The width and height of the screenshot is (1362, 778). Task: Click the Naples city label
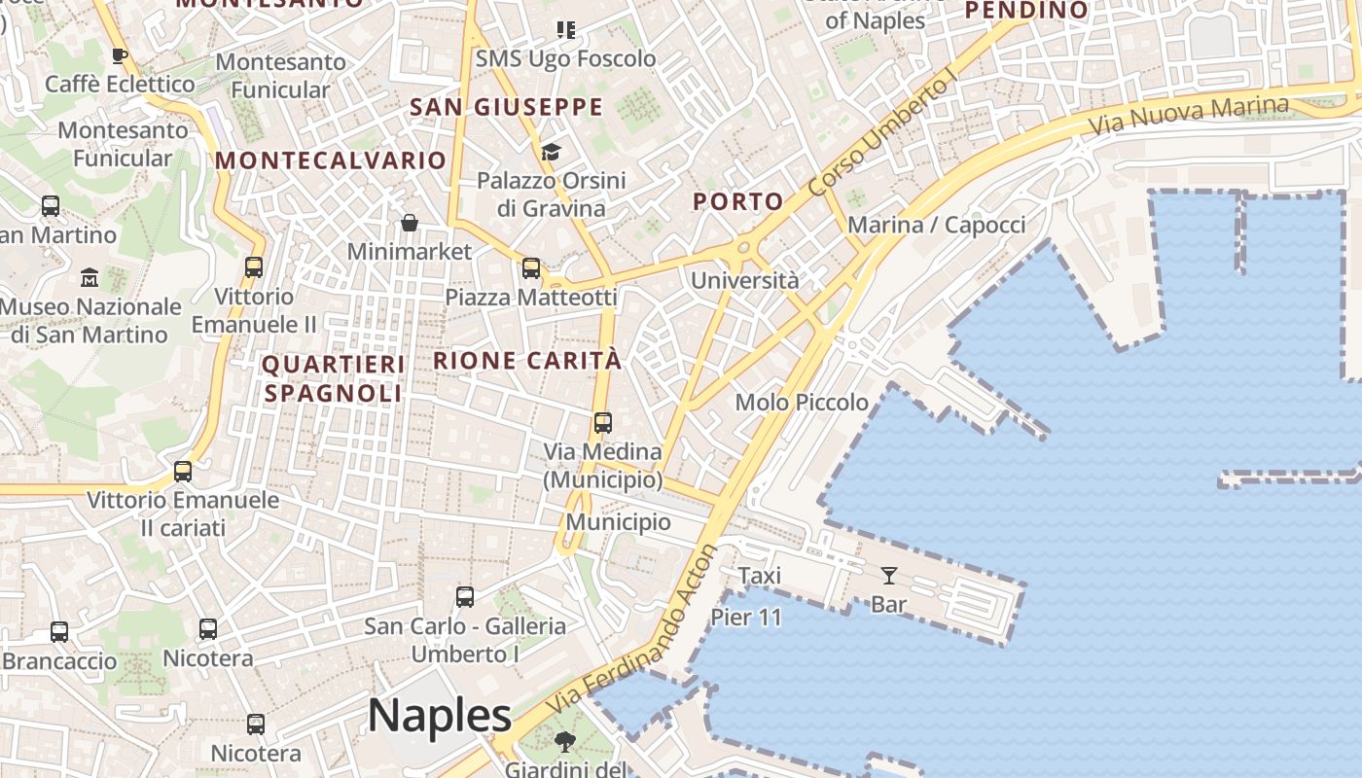[x=440, y=716]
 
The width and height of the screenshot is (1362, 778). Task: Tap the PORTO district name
[x=738, y=202]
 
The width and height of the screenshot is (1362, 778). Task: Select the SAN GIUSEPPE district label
[x=506, y=107]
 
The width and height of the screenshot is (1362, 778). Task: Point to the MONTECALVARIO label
[x=331, y=160]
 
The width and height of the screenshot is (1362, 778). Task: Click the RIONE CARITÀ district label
[x=526, y=361]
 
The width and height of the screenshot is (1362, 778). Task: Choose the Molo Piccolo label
[x=802, y=402]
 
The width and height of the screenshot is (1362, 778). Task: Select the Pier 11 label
[x=746, y=617]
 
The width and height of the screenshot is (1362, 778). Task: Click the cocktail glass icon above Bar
[x=888, y=576]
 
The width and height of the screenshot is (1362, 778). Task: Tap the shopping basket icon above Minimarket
[x=410, y=224]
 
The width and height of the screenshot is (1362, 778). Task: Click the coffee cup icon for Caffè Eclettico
[x=120, y=55]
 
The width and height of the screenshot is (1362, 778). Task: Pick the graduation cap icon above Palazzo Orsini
[x=551, y=152]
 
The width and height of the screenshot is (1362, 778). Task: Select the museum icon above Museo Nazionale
[x=90, y=278]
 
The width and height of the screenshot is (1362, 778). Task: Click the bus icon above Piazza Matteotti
[x=530, y=268]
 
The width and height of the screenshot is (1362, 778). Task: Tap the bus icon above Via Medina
[x=603, y=423]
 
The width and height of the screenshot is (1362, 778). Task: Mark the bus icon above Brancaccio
[x=59, y=632]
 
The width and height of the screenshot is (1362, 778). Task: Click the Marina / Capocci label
[x=936, y=226]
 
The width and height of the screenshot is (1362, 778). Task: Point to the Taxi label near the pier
[x=760, y=576]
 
